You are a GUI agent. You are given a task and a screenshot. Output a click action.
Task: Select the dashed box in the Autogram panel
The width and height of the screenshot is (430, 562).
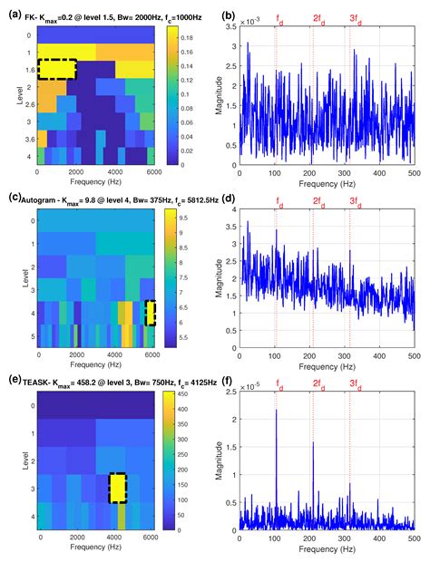pos(151,313)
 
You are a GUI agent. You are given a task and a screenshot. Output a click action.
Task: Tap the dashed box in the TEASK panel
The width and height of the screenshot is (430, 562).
pos(117,488)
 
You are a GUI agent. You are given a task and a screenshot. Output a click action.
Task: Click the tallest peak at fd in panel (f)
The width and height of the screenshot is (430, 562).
pos(276,411)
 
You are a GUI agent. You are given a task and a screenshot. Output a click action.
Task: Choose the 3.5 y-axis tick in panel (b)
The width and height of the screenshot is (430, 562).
pos(234,27)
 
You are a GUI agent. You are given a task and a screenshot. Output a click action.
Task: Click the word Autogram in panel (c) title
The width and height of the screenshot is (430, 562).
pos(43,196)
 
